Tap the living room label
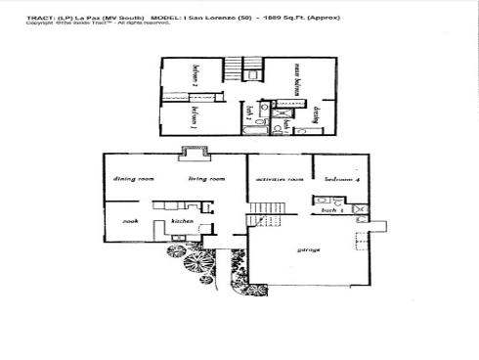click(x=207, y=179)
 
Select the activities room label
click(x=278, y=180)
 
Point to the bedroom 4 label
click(x=342, y=180)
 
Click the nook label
click(x=127, y=221)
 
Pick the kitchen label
click(x=182, y=221)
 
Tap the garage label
click(x=309, y=249)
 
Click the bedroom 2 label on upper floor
click(x=196, y=77)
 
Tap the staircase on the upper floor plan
click(x=252, y=68)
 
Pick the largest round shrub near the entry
click(x=178, y=251)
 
